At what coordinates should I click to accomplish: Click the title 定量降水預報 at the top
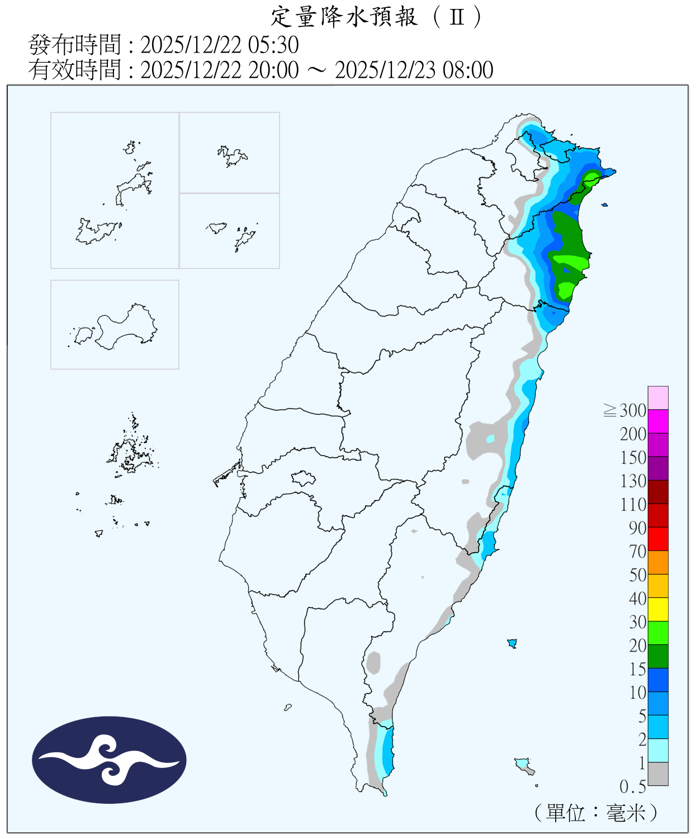344,17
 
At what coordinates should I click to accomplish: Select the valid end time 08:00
468,70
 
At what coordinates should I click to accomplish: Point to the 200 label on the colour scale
633,434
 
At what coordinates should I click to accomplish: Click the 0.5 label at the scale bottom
632,787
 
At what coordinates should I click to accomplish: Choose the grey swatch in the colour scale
658,774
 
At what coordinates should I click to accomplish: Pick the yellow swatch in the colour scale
658,609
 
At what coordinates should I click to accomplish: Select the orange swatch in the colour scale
658,562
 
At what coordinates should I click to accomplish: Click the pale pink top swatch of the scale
658,398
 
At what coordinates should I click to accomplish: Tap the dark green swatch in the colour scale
658,656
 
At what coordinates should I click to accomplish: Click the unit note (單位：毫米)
595,812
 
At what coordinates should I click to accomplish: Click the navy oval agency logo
109,760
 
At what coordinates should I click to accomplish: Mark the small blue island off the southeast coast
512,643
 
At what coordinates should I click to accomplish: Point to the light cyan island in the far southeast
523,765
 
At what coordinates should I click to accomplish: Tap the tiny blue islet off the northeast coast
604,205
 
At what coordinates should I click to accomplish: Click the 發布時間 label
74,45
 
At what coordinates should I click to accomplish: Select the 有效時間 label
74,70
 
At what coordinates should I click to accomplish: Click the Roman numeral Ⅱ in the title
457,17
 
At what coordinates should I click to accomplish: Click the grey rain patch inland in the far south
373,662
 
